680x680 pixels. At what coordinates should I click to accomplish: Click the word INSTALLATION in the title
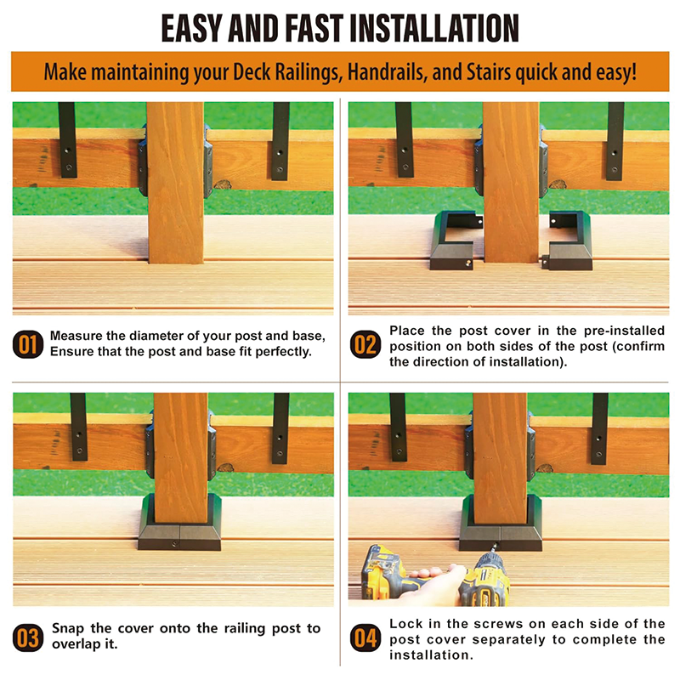[x=433, y=28]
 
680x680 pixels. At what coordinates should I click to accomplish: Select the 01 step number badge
[x=28, y=345]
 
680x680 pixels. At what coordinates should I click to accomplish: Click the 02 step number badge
[x=365, y=345]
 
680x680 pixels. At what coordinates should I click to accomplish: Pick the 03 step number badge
[x=28, y=637]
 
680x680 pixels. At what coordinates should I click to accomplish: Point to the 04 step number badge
[x=365, y=637]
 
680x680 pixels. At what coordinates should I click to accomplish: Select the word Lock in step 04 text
[x=405, y=624]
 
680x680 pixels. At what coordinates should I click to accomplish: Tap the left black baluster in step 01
[x=67, y=139]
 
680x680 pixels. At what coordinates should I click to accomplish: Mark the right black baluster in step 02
[x=615, y=141]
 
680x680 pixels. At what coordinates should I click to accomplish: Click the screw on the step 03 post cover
[x=174, y=543]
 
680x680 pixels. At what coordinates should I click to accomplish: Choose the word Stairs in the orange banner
[x=489, y=72]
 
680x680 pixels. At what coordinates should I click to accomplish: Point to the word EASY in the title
[x=193, y=28]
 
